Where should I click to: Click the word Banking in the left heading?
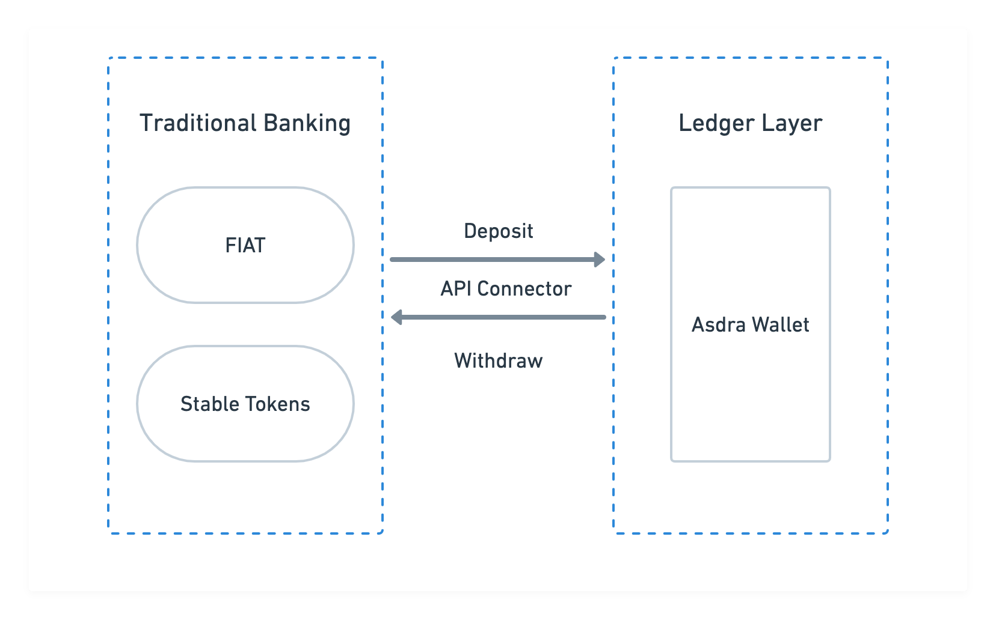point(307,124)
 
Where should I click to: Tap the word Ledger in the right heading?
point(716,124)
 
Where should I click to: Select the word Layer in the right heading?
point(792,124)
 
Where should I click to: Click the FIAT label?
point(245,245)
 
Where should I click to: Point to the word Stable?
point(210,404)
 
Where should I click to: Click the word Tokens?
point(278,404)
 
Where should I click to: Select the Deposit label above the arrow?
point(499,231)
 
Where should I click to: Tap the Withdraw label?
point(499,360)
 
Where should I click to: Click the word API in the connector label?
point(456,289)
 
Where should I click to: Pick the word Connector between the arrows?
point(524,289)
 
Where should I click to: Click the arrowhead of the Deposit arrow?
point(600,260)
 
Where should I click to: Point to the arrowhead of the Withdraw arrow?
point(396,317)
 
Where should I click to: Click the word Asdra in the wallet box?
point(719,324)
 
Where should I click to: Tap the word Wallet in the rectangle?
point(781,324)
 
